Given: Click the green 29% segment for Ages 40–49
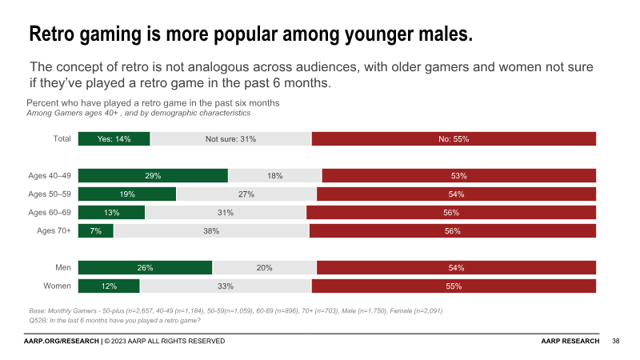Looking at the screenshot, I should click(153, 176).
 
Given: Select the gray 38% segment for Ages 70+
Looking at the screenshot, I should click(211, 231).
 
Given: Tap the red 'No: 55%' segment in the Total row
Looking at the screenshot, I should click(454, 139).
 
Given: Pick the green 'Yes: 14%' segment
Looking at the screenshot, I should click(114, 139).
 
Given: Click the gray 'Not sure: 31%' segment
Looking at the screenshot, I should click(230, 139).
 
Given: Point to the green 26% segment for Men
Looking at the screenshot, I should click(145, 268).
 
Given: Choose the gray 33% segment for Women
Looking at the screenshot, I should click(226, 286).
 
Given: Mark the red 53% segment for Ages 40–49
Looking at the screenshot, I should click(458, 176).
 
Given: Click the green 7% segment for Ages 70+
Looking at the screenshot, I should click(95, 231).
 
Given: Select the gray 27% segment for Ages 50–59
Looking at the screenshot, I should click(246, 194).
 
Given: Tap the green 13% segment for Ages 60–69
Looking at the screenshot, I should click(111, 213).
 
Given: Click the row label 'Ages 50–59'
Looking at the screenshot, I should click(50, 194).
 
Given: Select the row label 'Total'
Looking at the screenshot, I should click(62, 139).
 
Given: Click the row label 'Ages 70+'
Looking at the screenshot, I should click(54, 231).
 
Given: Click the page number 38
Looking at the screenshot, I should click(615, 342).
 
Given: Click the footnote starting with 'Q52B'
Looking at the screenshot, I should click(114, 320).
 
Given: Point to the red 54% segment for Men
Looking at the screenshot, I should click(456, 268).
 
